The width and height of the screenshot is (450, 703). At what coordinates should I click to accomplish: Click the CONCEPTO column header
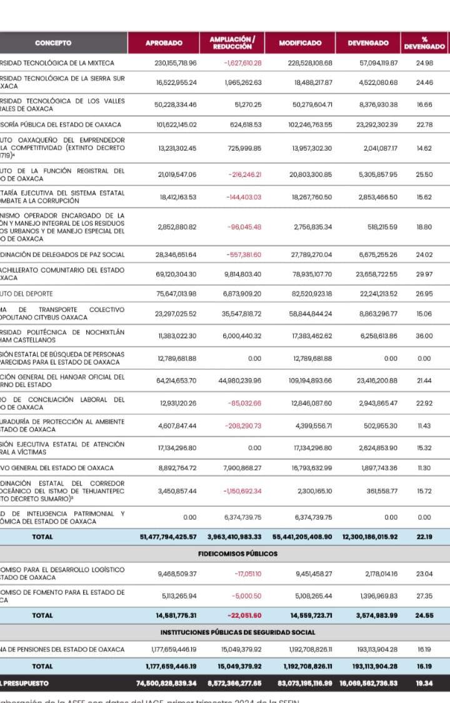pos(53,43)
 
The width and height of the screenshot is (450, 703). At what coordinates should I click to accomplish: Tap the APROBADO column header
pos(164,43)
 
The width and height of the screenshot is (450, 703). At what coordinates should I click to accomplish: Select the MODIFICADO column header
pos(300,43)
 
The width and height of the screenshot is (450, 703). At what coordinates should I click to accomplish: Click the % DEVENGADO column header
pos(424,43)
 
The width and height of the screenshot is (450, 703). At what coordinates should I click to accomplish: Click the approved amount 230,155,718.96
pos(176,63)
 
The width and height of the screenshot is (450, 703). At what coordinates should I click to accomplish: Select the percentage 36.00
pos(424,336)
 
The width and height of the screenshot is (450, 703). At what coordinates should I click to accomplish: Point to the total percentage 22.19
pos(424,537)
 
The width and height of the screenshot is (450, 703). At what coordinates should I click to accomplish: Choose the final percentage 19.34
pos(424,684)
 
